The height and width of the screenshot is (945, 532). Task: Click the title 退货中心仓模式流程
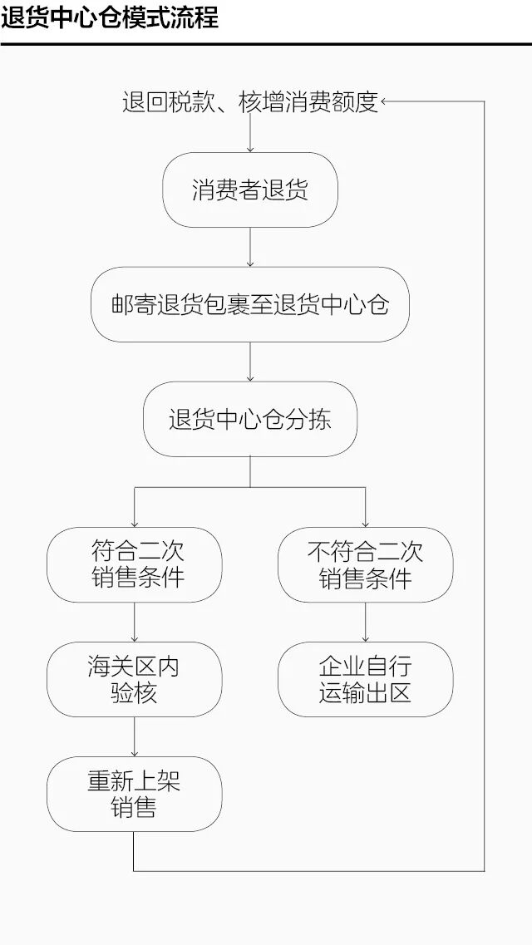pyautogui.click(x=110, y=17)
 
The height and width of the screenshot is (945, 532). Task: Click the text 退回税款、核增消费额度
pyautogui.click(x=250, y=102)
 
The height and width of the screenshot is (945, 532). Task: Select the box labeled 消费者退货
pyautogui.click(x=250, y=189)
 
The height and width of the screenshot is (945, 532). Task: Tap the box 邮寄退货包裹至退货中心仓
pyautogui.click(x=250, y=304)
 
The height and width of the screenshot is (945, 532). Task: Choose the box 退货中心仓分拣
pyautogui.click(x=250, y=419)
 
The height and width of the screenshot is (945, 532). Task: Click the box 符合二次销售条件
pyautogui.click(x=135, y=564)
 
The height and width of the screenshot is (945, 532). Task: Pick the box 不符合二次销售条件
pyautogui.click(x=366, y=564)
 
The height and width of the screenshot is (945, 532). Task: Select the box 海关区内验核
pyautogui.click(x=135, y=679)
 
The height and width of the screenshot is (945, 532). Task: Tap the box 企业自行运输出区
pyautogui.click(x=366, y=679)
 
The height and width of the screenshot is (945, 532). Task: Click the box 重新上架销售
pyautogui.click(x=135, y=794)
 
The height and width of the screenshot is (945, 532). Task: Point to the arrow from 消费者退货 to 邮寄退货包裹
pyautogui.click(x=250, y=248)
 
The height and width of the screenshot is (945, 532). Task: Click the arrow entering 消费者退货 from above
pyautogui.click(x=250, y=137)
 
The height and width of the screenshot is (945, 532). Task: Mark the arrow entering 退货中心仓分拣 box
pyautogui.click(x=250, y=362)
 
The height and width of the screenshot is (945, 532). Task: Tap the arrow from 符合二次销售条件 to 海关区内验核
pyautogui.click(x=135, y=622)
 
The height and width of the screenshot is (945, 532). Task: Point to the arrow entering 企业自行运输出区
pyautogui.click(x=366, y=622)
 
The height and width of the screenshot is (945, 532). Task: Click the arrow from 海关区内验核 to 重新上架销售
pyautogui.click(x=135, y=736)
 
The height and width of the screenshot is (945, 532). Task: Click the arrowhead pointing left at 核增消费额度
pyautogui.click(x=385, y=102)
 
